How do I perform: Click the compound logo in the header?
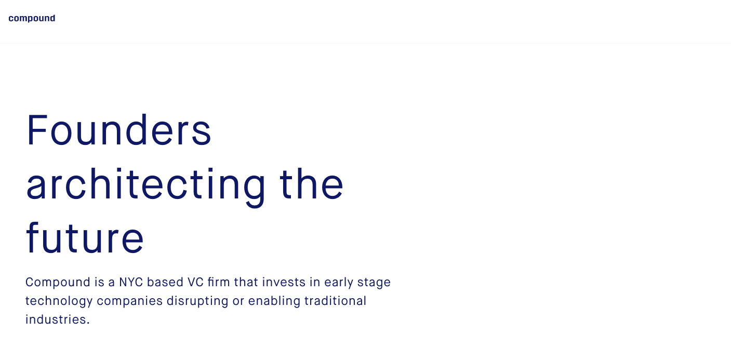point(32,18)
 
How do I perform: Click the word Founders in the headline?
point(119,130)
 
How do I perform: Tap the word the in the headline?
point(311,184)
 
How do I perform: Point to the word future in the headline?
point(85,237)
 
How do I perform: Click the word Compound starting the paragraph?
point(58,282)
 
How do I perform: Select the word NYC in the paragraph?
point(131,282)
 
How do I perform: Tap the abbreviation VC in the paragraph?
point(195,282)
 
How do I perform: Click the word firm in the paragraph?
point(219,282)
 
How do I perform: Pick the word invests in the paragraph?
point(284,282)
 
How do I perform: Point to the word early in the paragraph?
point(339,283)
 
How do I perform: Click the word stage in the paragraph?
point(374,283)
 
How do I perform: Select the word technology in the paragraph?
point(59,301)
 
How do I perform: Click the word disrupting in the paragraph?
point(197,301)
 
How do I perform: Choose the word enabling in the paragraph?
point(274,301)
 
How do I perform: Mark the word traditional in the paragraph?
point(335,301)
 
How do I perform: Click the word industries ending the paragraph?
point(58,319)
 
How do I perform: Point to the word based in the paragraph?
point(165,282)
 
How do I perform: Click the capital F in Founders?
point(36,130)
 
